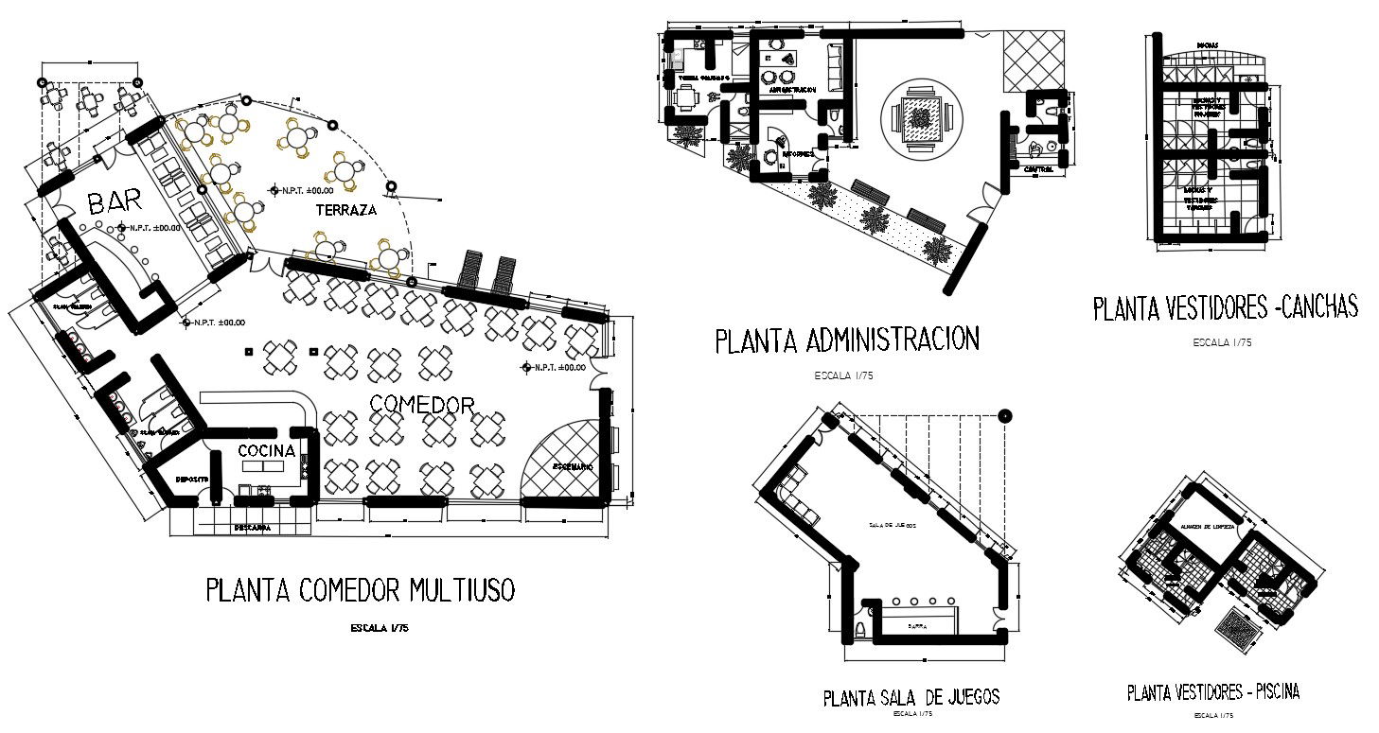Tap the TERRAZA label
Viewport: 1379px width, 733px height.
pos(345,211)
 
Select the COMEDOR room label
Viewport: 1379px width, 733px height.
pos(421,405)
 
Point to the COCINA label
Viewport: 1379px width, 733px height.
pos(266,450)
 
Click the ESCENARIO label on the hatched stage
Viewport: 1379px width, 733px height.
pos(568,467)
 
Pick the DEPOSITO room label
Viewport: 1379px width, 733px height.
pos(193,479)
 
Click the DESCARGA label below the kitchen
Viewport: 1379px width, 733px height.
pos(253,528)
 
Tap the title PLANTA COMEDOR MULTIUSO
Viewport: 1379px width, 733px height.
pos(361,590)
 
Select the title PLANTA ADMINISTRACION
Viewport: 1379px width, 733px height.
pos(846,340)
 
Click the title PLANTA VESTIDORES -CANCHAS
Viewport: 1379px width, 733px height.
pos(1226,307)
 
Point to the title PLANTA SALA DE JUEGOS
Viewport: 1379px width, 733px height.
pos(910,698)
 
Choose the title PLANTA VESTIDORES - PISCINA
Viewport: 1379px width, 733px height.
pos(1212,692)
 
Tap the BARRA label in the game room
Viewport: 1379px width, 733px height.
pos(916,626)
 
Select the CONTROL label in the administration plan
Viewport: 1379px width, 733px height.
pos(1040,169)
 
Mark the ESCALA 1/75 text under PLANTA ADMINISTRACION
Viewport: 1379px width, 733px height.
pos(842,375)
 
